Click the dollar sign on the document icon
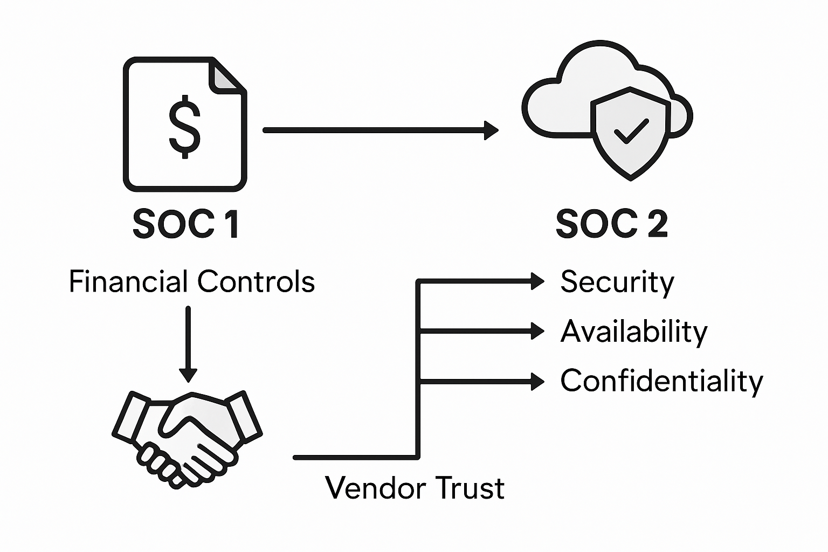click(185, 126)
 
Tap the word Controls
click(256, 281)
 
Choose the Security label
click(617, 282)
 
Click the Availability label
click(634, 332)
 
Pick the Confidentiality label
click(662, 381)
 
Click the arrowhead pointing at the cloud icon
click(491, 130)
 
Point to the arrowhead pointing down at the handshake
click(188, 374)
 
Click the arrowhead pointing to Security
click(537, 281)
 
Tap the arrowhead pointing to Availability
click(537, 331)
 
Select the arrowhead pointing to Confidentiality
click(537, 381)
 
